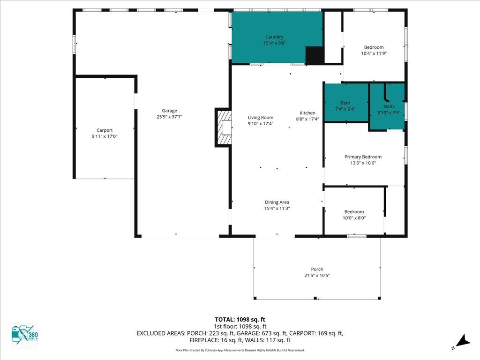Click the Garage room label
click(x=169, y=111)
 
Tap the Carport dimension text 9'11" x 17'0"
click(x=105, y=136)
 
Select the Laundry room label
click(x=275, y=37)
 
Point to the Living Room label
click(x=261, y=118)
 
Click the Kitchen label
click(x=307, y=113)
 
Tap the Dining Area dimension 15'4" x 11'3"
click(x=277, y=209)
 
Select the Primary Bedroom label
click(x=363, y=157)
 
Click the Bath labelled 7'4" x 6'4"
click(x=345, y=103)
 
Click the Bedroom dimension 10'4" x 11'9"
click(x=374, y=53)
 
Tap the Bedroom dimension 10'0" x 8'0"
click(x=354, y=218)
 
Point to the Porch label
click(x=317, y=270)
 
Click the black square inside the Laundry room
click(x=315, y=55)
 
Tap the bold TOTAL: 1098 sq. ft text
click(x=240, y=320)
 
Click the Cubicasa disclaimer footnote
click(x=240, y=350)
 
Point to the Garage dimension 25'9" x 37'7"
click(x=169, y=117)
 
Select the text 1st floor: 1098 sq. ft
click(x=240, y=327)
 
